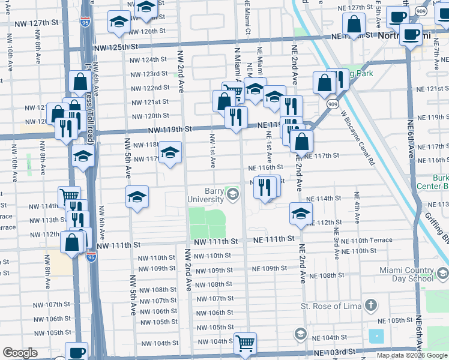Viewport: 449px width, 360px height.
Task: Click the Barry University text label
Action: pyautogui.click(x=205, y=193)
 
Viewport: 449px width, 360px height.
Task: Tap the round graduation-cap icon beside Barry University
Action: pyautogui.click(x=233, y=194)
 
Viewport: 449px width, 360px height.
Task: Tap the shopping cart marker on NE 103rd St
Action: pyautogui.click(x=245, y=344)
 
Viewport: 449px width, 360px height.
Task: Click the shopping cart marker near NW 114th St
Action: pyautogui.click(x=70, y=196)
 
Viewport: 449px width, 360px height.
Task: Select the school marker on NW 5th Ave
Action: pyautogui.click(x=137, y=197)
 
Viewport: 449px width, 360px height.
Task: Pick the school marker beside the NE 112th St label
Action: pyautogui.click(x=301, y=213)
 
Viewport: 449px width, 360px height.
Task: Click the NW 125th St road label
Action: pyautogui.click(x=116, y=47)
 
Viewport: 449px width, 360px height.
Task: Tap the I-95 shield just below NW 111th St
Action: pyautogui.click(x=91, y=256)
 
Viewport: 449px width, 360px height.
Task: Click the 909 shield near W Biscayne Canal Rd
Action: pyautogui.click(x=333, y=104)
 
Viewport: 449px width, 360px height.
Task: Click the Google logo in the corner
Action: pyautogui.click(x=20, y=353)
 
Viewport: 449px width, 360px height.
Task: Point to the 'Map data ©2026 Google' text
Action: pyautogui.click(x=412, y=355)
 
